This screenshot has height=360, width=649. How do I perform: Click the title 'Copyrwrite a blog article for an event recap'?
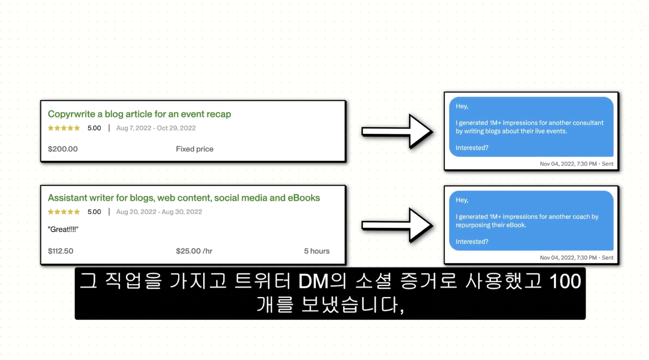coord(139,114)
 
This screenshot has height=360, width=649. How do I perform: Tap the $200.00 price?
coord(63,149)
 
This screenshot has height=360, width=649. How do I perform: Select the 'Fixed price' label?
coord(194,149)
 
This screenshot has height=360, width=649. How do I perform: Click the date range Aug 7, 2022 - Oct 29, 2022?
coord(156,128)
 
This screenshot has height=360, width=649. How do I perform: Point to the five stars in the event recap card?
coord(64,128)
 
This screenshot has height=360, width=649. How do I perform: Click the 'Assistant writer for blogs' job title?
coord(184,198)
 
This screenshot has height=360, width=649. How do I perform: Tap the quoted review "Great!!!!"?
coord(63,229)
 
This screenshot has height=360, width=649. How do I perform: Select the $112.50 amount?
coord(60,251)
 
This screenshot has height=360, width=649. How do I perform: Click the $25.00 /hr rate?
coord(194,251)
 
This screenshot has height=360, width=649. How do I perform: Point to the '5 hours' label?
coord(316,251)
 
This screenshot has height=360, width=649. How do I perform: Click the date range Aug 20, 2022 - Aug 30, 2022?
coord(159,212)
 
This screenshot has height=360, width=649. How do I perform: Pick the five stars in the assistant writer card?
coord(64,212)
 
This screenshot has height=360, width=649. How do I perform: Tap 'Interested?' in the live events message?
coord(472,148)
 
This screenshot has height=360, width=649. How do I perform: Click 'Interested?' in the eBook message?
coord(472,242)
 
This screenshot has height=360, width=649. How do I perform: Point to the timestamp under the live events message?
coord(577,164)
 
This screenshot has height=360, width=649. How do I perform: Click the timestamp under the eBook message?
coord(577,258)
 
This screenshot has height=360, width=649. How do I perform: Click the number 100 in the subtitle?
coord(565,281)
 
